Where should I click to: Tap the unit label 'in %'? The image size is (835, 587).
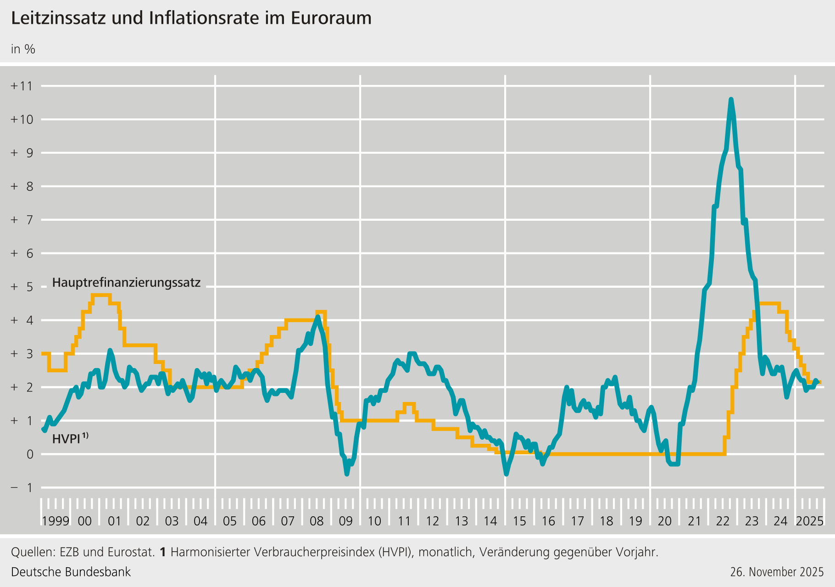[x=23, y=49]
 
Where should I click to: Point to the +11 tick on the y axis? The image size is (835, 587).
[x=22, y=86]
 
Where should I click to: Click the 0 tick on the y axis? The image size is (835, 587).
[x=29, y=454]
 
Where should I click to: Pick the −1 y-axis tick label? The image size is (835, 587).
[x=22, y=488]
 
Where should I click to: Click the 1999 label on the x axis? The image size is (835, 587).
[x=56, y=521]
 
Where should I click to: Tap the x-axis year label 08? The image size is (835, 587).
[x=317, y=521]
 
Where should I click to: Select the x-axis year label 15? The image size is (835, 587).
[x=519, y=521]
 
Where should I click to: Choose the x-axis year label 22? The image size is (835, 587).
[x=723, y=521]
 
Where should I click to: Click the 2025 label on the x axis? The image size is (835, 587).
[x=810, y=521]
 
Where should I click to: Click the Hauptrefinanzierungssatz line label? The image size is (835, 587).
[x=126, y=283]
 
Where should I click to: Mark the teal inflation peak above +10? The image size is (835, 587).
[x=731, y=100]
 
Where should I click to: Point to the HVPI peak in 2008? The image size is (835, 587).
[x=318, y=317]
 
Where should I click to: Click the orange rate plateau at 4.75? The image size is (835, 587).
[x=101, y=295]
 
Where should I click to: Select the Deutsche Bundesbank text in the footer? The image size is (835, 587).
[x=71, y=572]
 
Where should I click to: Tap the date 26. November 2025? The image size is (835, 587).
[x=777, y=572]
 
